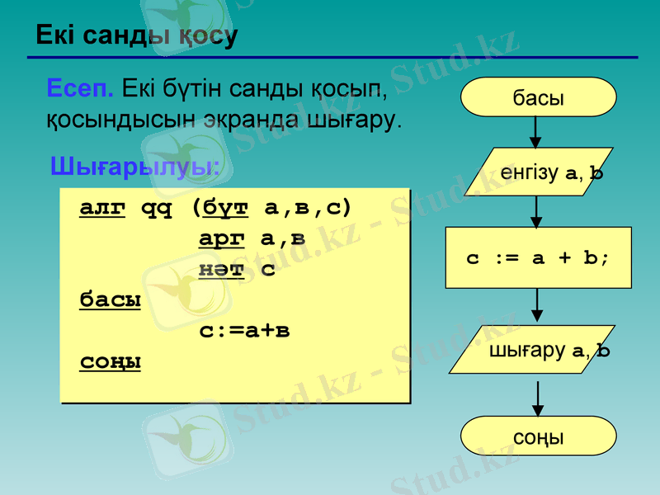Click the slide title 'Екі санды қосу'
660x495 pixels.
tap(136, 35)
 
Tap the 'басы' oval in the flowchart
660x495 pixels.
tap(539, 97)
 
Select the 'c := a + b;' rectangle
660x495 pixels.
tap(538, 257)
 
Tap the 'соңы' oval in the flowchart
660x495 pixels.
tap(539, 436)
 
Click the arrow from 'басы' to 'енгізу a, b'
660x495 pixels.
tap(537, 132)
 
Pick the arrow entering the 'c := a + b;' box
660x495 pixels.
tap(537, 212)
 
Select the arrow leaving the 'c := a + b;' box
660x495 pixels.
tap(537, 306)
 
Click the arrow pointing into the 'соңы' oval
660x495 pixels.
tap(538, 398)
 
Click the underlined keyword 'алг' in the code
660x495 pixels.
tap(102, 207)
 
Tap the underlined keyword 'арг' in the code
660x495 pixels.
tap(222, 238)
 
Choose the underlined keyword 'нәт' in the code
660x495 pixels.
tap(221, 269)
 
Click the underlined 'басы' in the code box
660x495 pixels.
tap(110, 299)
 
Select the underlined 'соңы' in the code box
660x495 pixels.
tap(110, 362)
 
